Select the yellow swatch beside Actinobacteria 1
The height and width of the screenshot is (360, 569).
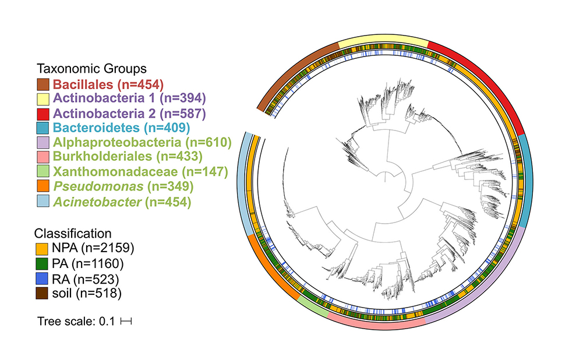[43, 98]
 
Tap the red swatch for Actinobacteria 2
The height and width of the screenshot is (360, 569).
[43, 112]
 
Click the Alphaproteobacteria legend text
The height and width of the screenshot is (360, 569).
[142, 142]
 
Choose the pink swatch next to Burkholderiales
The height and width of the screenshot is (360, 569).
[43, 156]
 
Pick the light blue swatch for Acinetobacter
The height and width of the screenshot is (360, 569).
[43, 202]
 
